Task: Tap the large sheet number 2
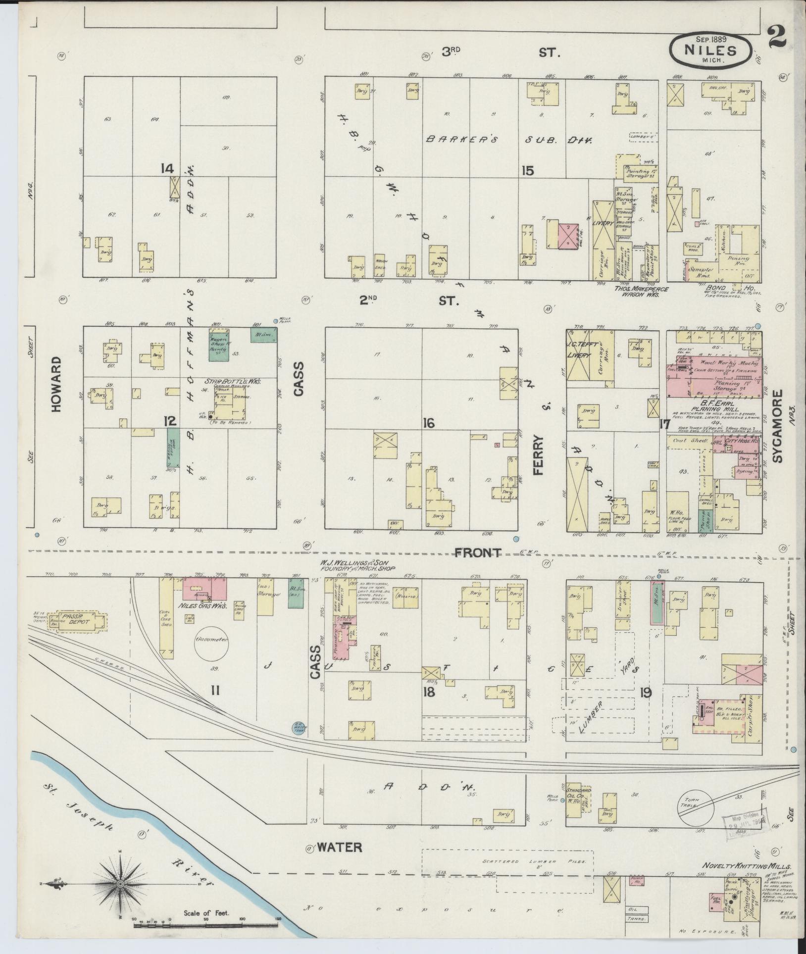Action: [779, 38]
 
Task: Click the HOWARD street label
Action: [56, 384]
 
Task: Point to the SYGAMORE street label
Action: [778, 426]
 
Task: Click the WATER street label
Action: [339, 848]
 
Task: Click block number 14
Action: [167, 169]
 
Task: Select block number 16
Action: [428, 423]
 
